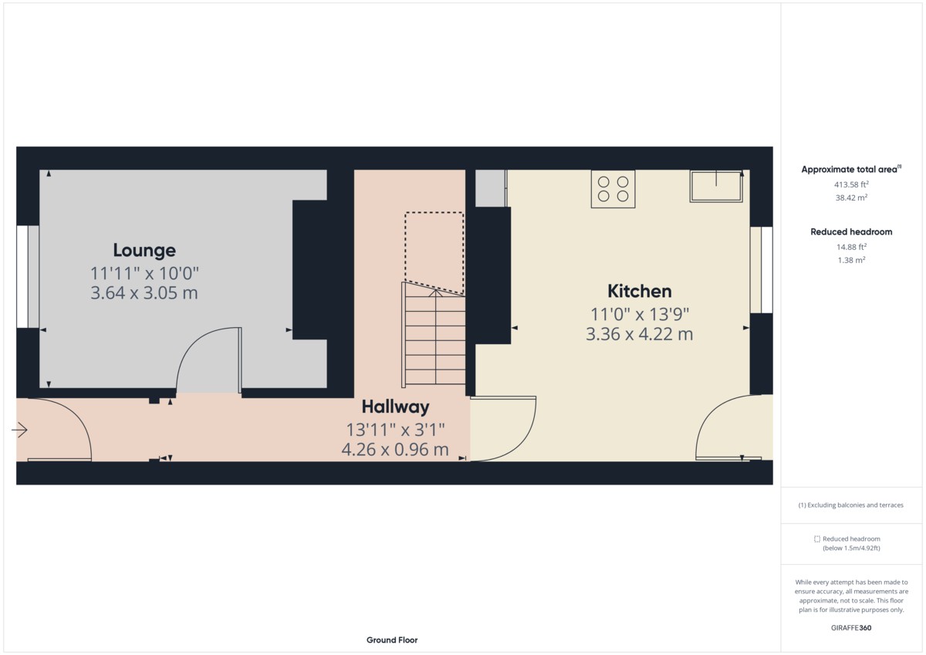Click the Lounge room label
[x=144, y=251]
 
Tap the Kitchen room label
[x=640, y=292]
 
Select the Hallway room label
[x=396, y=407]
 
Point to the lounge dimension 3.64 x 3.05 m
[x=144, y=293]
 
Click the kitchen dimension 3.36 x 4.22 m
[x=640, y=334]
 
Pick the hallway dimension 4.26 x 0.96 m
[x=395, y=449]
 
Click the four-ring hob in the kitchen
[x=613, y=189]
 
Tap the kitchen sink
[x=716, y=186]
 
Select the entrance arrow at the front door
[x=19, y=430]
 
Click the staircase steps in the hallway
[x=434, y=334]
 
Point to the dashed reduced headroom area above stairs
[x=434, y=253]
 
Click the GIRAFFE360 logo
[x=851, y=628]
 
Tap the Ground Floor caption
[x=392, y=640]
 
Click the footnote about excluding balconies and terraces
[x=850, y=505]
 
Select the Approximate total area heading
[x=851, y=169]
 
